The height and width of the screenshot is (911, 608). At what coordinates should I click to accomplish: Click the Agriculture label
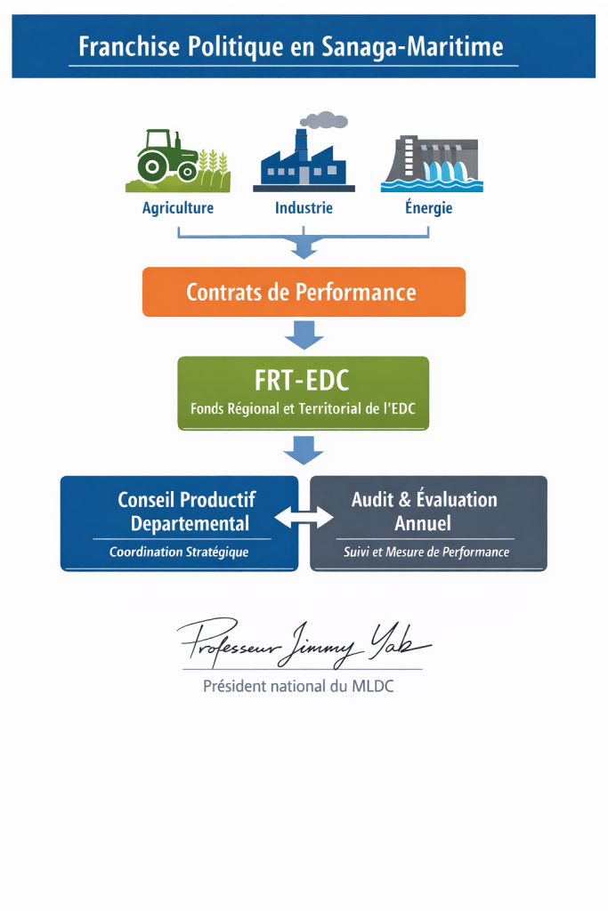(x=178, y=208)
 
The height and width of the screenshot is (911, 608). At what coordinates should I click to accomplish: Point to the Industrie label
(x=304, y=208)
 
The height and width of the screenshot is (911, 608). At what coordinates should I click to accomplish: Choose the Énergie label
(x=429, y=208)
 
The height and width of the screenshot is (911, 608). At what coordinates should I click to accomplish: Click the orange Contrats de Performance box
(x=304, y=292)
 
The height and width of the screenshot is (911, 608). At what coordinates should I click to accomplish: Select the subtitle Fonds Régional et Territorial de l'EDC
(x=303, y=410)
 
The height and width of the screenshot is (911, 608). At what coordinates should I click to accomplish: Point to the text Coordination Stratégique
(x=179, y=552)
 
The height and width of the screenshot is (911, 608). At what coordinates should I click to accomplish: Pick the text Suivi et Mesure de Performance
(x=426, y=552)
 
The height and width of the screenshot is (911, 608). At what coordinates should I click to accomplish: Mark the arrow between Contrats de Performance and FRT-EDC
(x=304, y=335)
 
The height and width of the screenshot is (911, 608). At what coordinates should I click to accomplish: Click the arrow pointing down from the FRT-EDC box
(x=304, y=450)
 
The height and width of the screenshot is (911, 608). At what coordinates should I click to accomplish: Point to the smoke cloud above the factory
(x=324, y=120)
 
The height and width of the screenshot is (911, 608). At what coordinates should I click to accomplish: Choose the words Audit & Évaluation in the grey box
(x=425, y=499)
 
